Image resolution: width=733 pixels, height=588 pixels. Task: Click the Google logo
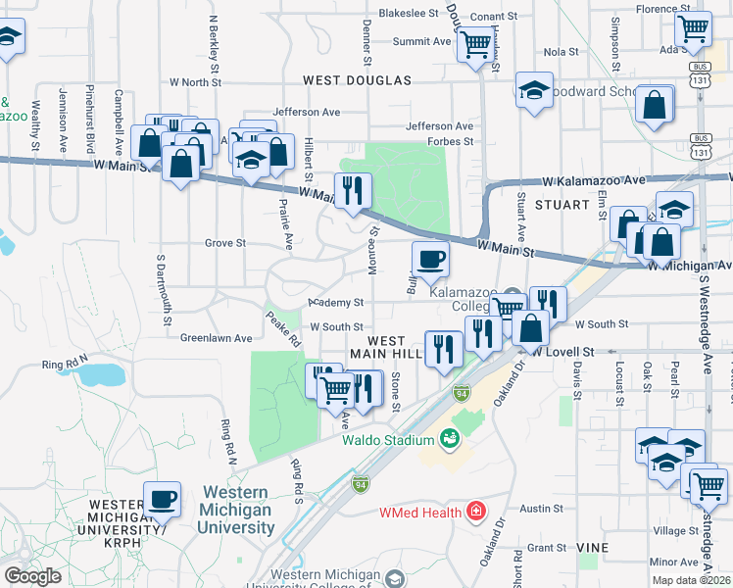tap(32, 576)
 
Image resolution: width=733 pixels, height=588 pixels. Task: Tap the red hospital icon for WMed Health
tap(475, 512)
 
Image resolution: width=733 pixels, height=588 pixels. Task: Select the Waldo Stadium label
tap(387, 440)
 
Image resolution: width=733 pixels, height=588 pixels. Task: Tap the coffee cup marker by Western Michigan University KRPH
tap(163, 500)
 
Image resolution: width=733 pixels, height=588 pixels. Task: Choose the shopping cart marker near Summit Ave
tap(475, 43)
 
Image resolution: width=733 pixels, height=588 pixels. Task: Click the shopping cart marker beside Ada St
tap(694, 28)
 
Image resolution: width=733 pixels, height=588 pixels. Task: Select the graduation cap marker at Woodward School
tap(534, 91)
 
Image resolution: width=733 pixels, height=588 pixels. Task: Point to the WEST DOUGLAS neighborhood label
tap(357, 80)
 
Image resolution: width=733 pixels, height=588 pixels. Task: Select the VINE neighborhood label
tap(593, 547)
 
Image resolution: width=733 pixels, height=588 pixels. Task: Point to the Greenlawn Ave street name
tap(216, 338)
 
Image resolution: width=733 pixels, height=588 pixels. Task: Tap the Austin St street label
tap(541, 509)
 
